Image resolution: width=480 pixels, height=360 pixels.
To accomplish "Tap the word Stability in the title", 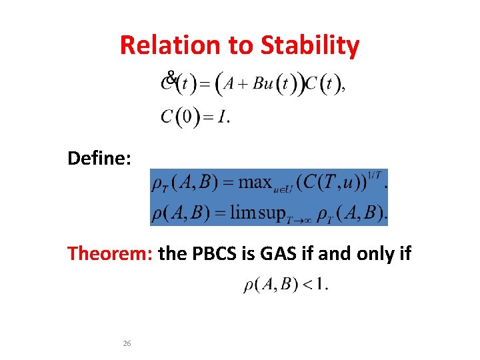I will tap(310, 45).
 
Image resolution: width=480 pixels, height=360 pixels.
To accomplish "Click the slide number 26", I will tap(127, 343).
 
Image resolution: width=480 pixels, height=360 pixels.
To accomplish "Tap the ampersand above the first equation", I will tap(171, 77).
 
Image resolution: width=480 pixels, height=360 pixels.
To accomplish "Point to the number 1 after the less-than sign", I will tap(320, 285).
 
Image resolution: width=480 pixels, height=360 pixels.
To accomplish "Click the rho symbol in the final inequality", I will tap(249, 286).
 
